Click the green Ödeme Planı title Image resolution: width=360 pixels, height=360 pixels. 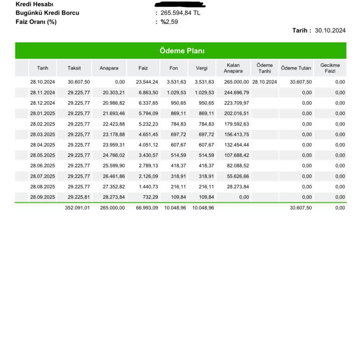point(180,51)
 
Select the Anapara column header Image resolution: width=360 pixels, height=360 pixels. point(109,68)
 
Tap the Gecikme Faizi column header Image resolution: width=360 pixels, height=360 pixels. point(330,68)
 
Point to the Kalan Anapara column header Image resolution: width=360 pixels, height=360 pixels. point(233,68)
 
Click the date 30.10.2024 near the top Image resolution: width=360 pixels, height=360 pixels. point(330,30)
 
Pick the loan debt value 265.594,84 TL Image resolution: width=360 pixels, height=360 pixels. point(180,13)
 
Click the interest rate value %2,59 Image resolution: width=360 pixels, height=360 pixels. point(169,22)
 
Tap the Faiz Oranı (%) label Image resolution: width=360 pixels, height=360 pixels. point(36,22)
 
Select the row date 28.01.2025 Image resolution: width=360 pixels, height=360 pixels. point(43,113)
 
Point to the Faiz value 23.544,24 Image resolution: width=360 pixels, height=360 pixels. point(147,82)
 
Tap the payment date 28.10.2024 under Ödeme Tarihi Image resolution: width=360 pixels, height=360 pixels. point(264,82)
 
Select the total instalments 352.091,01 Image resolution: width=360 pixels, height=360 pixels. point(77,208)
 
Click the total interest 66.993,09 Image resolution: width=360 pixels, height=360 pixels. point(147,208)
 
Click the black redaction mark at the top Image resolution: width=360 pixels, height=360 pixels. point(183,4)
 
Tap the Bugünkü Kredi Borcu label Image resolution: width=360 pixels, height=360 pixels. point(47,13)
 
